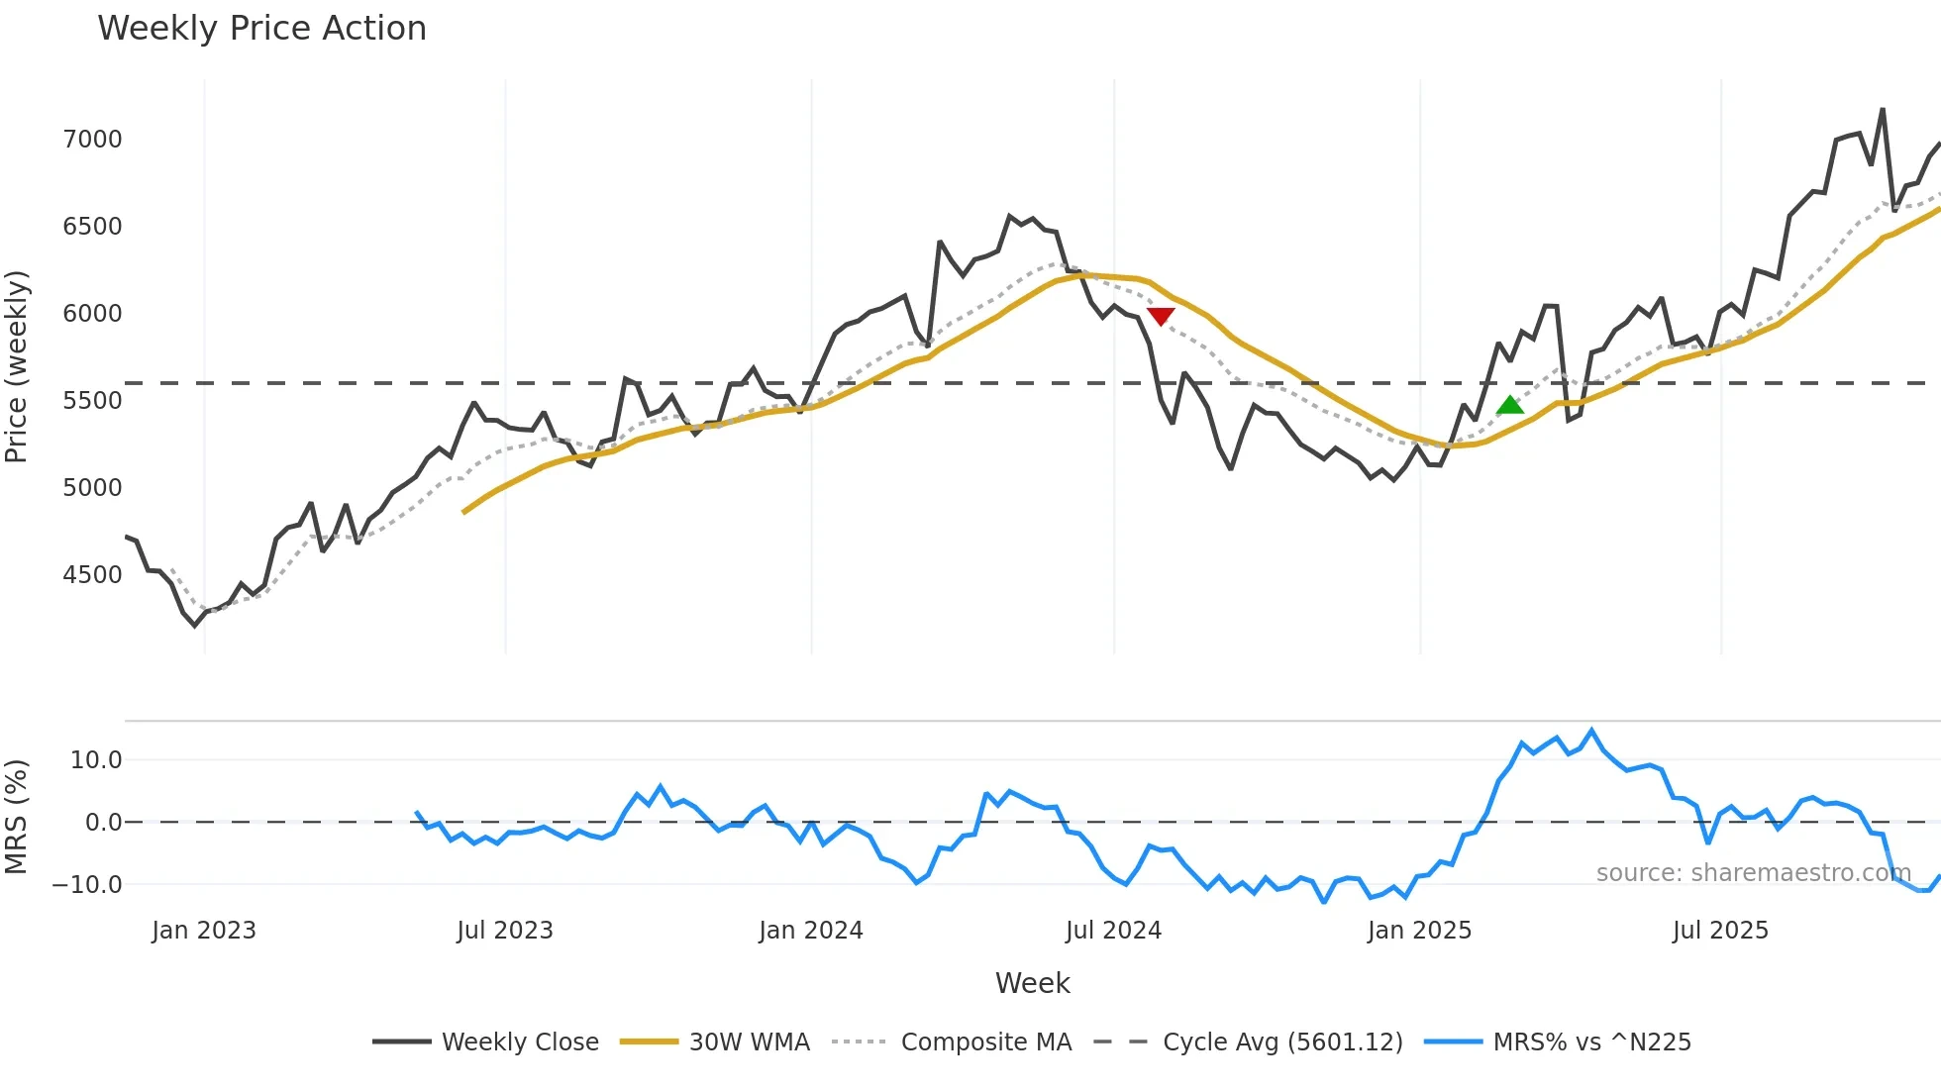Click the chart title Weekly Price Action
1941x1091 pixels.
[x=261, y=29]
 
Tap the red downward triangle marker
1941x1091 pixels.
[x=1161, y=316]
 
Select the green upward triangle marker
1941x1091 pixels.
[x=1509, y=405]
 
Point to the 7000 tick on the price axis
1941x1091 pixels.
[x=93, y=140]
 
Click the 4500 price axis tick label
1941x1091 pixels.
[x=93, y=575]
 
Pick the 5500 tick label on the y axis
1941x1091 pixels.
[x=93, y=401]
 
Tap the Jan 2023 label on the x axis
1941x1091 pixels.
[x=204, y=931]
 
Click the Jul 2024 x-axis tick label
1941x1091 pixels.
[x=1113, y=931]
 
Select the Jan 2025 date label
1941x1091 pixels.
[x=1419, y=931]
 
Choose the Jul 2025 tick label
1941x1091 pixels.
[x=1720, y=931]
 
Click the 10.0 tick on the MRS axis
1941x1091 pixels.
[x=96, y=760]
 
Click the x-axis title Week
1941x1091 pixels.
[x=1032, y=983]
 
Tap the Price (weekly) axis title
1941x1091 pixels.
[x=17, y=366]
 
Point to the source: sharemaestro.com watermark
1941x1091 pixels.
[x=1753, y=873]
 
